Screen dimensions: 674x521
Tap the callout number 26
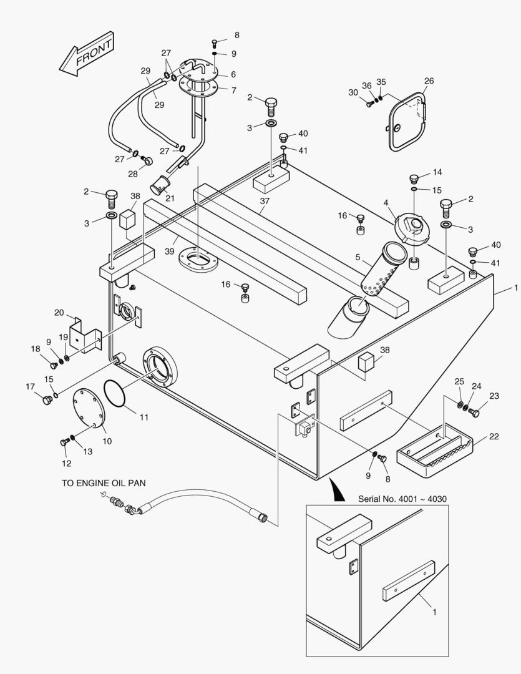tap(429, 81)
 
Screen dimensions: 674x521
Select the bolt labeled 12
tap(64, 442)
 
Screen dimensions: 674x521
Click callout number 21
tap(169, 198)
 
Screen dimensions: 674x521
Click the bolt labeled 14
tap(414, 178)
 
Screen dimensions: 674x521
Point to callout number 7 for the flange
tap(233, 90)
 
